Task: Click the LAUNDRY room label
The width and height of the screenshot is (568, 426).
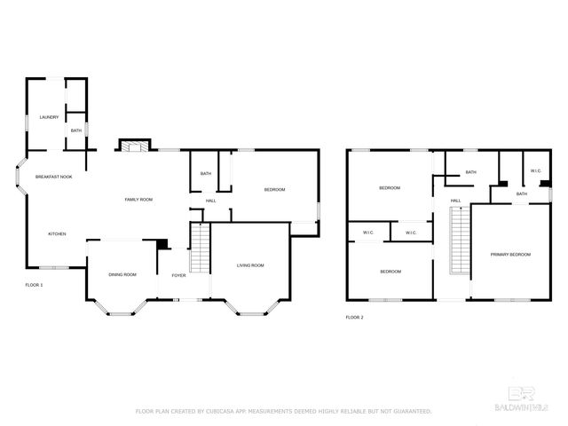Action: (x=48, y=117)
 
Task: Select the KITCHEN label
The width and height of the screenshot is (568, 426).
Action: (x=57, y=233)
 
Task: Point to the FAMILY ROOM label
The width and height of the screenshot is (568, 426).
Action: (x=138, y=200)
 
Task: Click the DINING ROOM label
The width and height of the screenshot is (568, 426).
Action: (x=122, y=274)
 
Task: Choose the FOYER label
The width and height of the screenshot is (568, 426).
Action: (x=178, y=274)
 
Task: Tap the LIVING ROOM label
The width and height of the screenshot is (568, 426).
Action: (x=250, y=265)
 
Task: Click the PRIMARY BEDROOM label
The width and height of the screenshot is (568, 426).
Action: (x=510, y=255)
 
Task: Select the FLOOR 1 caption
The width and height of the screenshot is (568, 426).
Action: (x=34, y=285)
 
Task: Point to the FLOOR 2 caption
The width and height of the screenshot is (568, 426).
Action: (x=354, y=317)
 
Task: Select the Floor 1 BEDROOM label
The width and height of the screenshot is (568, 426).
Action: (x=274, y=190)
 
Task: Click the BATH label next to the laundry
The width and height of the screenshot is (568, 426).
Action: (x=76, y=130)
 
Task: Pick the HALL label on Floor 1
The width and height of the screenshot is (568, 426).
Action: (x=211, y=201)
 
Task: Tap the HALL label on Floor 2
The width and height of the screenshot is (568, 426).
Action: (x=455, y=201)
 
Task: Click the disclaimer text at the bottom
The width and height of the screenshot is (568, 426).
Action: (x=283, y=411)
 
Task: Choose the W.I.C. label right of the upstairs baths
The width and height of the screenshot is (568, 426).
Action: (x=536, y=170)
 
